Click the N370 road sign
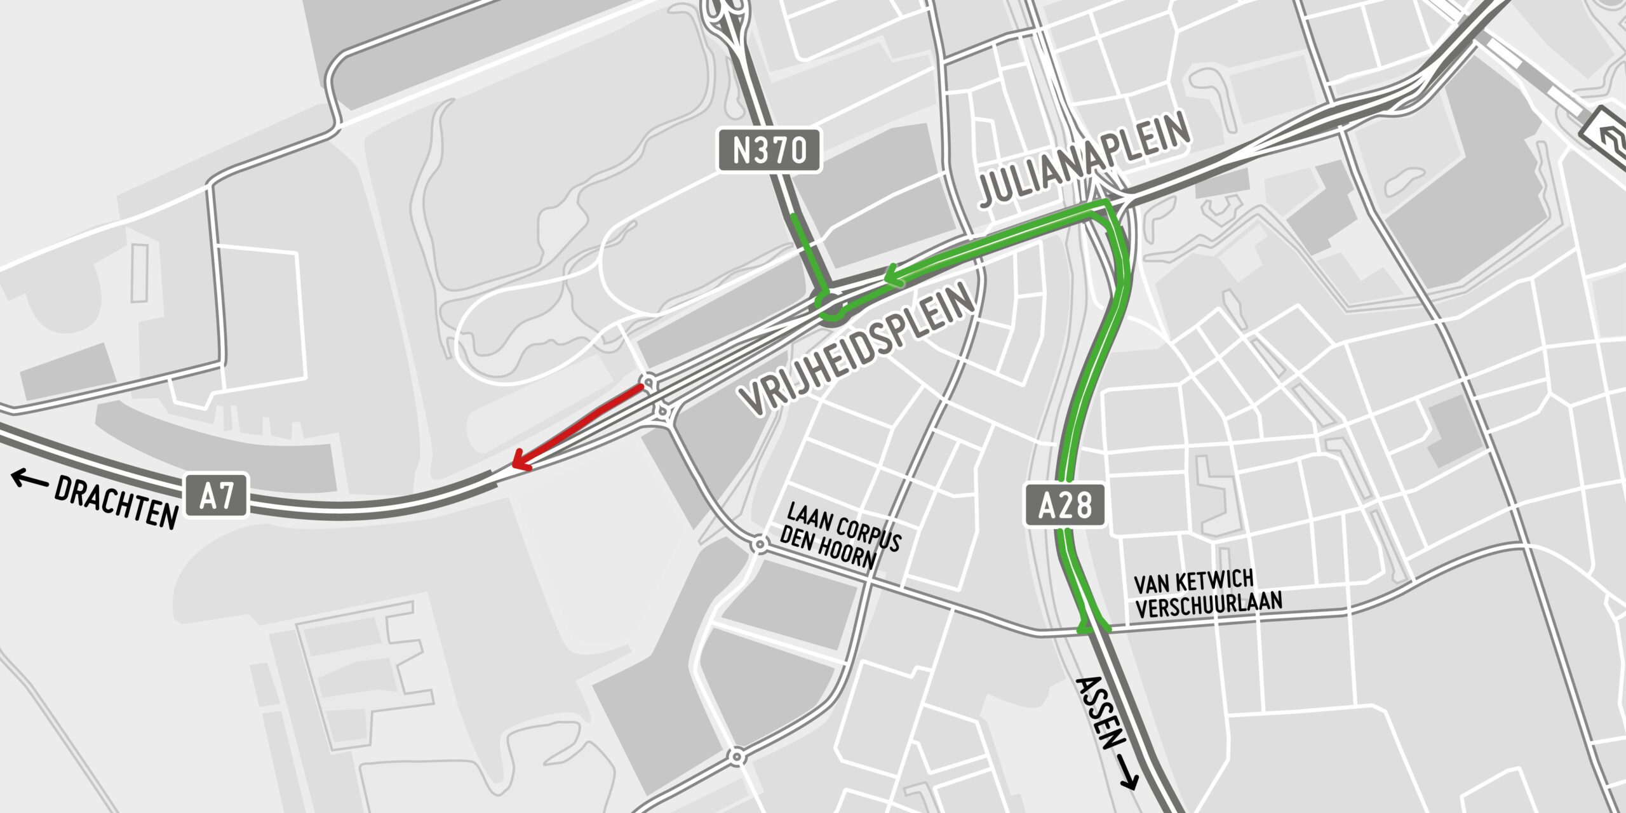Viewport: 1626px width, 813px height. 769,151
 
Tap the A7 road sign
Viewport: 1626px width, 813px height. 217,495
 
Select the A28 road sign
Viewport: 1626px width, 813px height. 1065,506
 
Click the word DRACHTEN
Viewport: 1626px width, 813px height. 116,502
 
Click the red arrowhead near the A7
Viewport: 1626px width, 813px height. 520,461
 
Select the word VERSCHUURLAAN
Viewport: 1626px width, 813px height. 1209,604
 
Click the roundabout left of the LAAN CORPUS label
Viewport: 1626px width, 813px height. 759,544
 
